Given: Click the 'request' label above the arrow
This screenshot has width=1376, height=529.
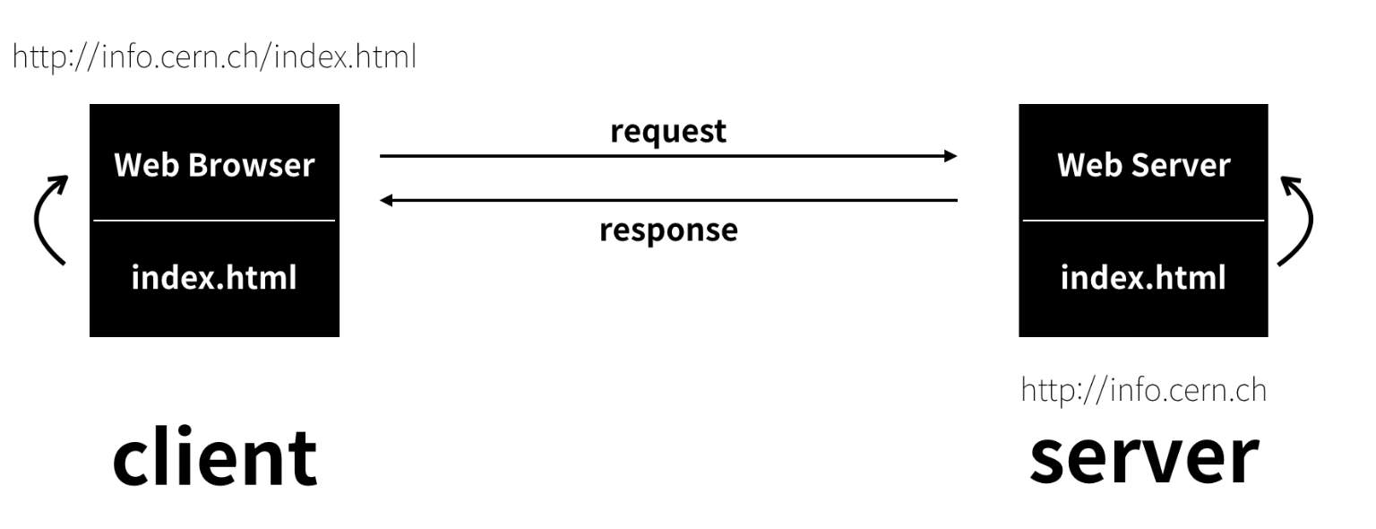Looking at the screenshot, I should pos(667,131).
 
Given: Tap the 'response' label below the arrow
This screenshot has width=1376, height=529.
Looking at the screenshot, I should pos(668,230).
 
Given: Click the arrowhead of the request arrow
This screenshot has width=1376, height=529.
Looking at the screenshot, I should pos(950,156).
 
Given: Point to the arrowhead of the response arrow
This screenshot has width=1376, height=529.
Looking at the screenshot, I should pos(387,201).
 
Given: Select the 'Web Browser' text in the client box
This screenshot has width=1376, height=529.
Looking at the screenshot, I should pos(214,165).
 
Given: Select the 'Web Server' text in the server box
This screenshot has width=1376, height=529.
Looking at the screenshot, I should pos(1143,165).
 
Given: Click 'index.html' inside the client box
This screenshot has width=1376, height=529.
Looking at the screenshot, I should pos(214,277).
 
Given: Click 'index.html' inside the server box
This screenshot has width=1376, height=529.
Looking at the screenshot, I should pos(1143,277).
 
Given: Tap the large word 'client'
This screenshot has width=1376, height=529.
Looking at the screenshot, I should pos(214,456).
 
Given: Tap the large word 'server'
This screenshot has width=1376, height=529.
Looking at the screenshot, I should pos(1144,456).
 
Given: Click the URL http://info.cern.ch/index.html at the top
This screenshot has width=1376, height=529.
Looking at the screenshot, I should pos(214,58).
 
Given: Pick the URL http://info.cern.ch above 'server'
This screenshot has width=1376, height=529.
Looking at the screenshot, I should pos(1144,391).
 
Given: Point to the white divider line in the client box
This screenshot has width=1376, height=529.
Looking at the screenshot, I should pos(214,220).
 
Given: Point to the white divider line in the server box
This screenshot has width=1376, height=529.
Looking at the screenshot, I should pos(1143,220).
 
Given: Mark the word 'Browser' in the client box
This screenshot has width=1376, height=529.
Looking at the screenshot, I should pos(254,165).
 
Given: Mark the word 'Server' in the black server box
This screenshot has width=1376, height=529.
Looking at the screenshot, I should pos(1181,165).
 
